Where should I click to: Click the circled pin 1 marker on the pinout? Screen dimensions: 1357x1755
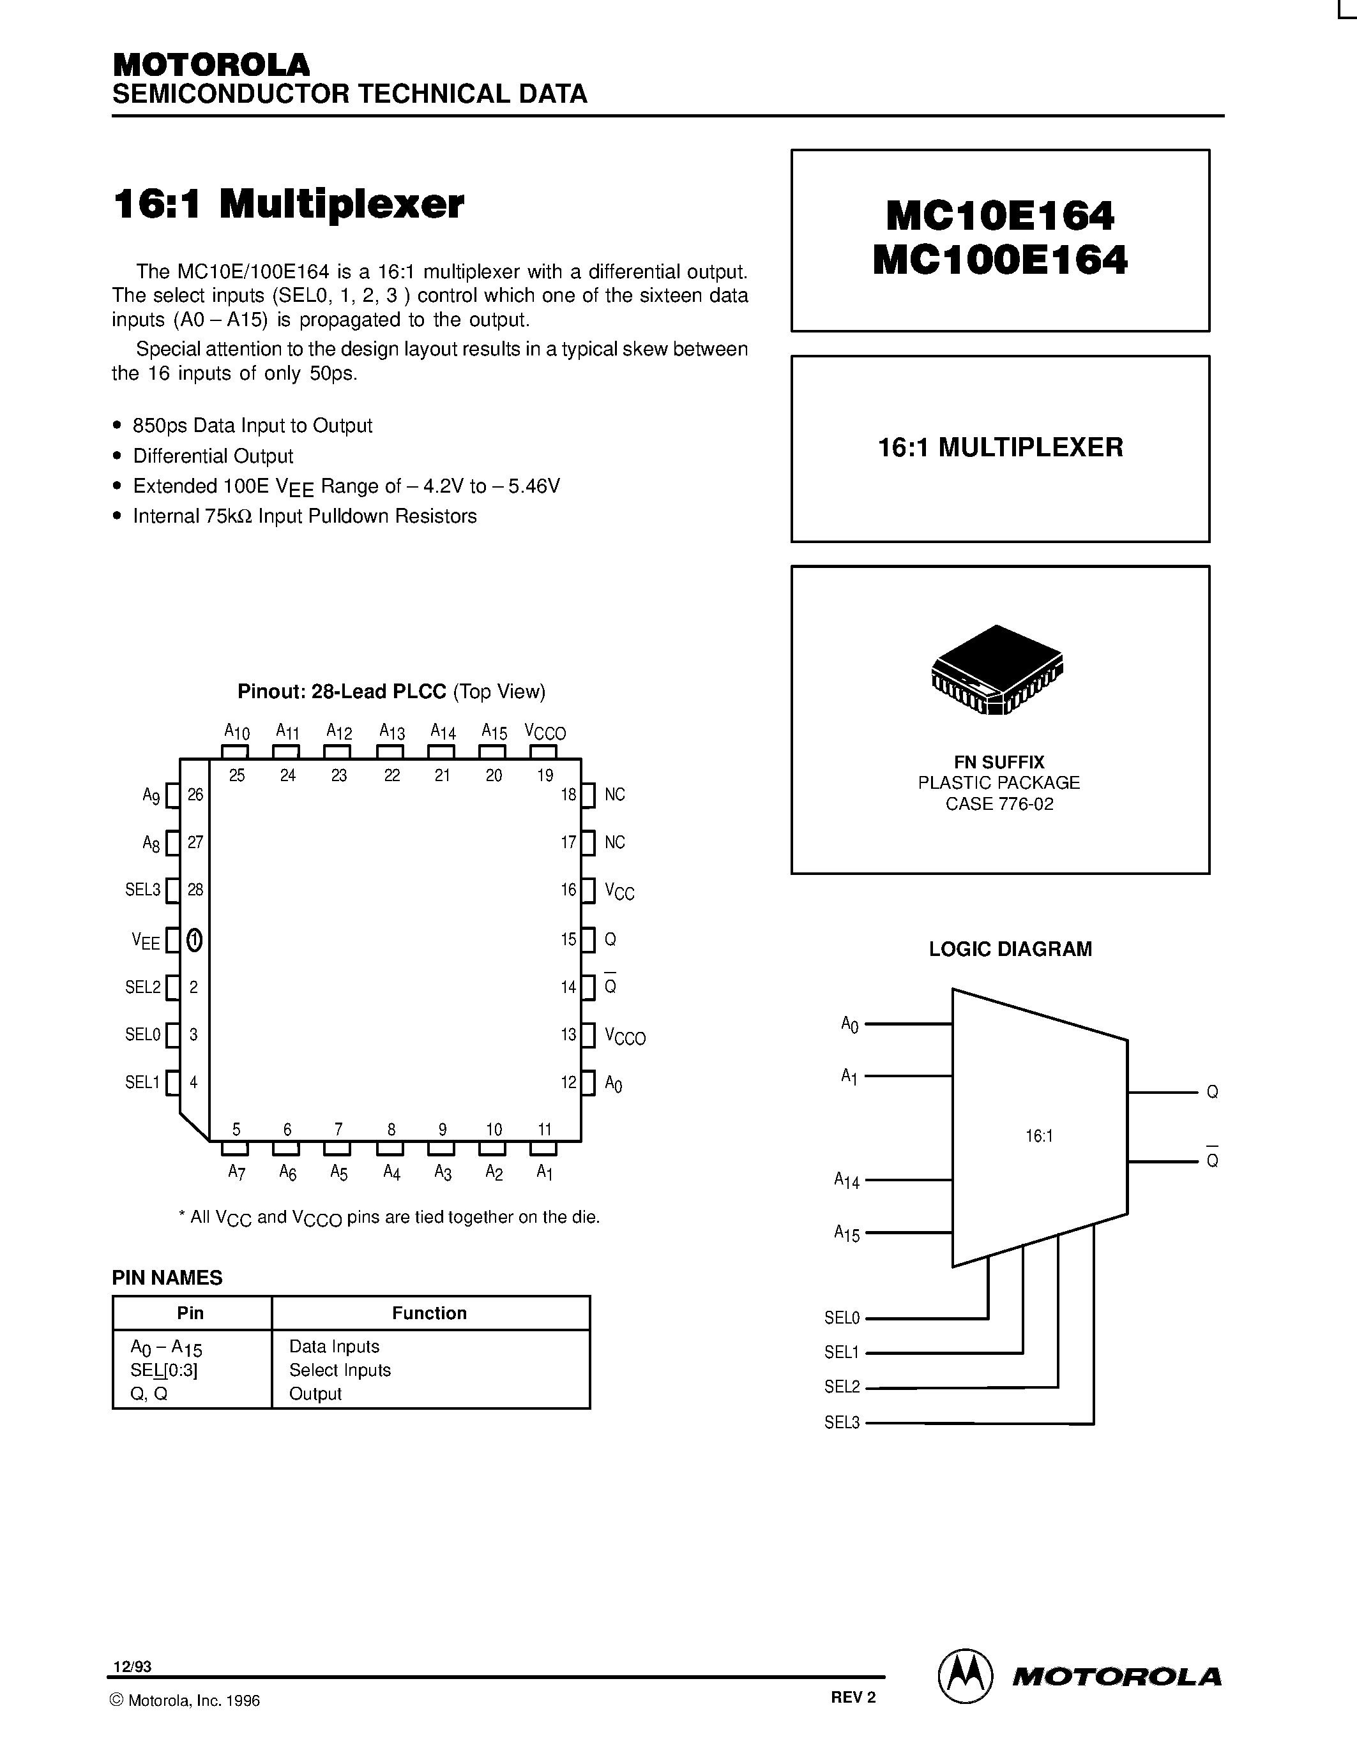click(193, 939)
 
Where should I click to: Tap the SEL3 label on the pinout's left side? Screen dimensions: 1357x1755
click(142, 890)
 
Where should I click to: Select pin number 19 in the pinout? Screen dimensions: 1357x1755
click(545, 775)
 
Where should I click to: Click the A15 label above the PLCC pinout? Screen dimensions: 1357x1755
click(494, 731)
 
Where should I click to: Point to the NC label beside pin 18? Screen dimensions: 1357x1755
click(614, 795)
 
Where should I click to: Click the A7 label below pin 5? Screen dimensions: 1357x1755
click(236, 1172)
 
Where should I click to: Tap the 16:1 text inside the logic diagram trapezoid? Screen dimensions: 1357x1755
click(1038, 1135)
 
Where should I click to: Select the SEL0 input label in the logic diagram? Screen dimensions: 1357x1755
click(842, 1318)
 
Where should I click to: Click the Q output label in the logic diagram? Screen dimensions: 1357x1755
click(1212, 1092)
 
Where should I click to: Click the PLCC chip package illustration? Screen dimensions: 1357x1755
click(997, 669)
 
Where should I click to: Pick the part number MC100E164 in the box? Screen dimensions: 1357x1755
click(1000, 260)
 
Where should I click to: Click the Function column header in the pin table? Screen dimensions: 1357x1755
click(429, 1313)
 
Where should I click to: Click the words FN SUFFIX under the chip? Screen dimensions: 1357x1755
click(999, 762)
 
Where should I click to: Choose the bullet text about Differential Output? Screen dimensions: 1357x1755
click(213, 456)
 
